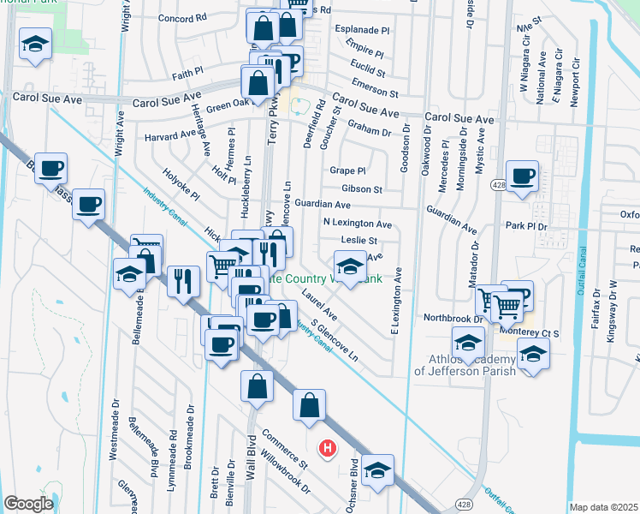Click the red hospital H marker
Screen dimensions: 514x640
coord(326,447)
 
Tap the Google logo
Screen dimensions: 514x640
coord(27,504)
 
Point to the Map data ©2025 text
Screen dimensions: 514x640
coord(604,507)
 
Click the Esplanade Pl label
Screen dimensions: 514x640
coord(363,29)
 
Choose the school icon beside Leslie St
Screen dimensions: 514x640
coord(349,267)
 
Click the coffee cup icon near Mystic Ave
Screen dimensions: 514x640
coord(521,176)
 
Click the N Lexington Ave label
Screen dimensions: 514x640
coord(357,224)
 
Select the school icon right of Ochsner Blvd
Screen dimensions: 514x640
coord(377,470)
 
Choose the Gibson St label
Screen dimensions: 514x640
coord(360,188)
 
